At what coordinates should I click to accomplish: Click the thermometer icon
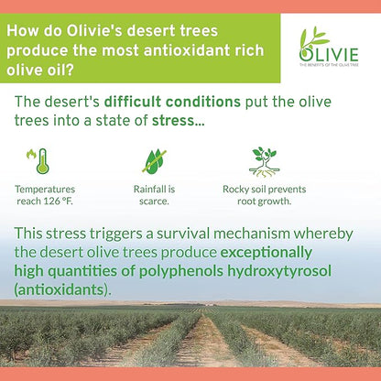point(39,160)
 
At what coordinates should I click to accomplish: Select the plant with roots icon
point(265,160)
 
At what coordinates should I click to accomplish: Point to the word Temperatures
point(45,189)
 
